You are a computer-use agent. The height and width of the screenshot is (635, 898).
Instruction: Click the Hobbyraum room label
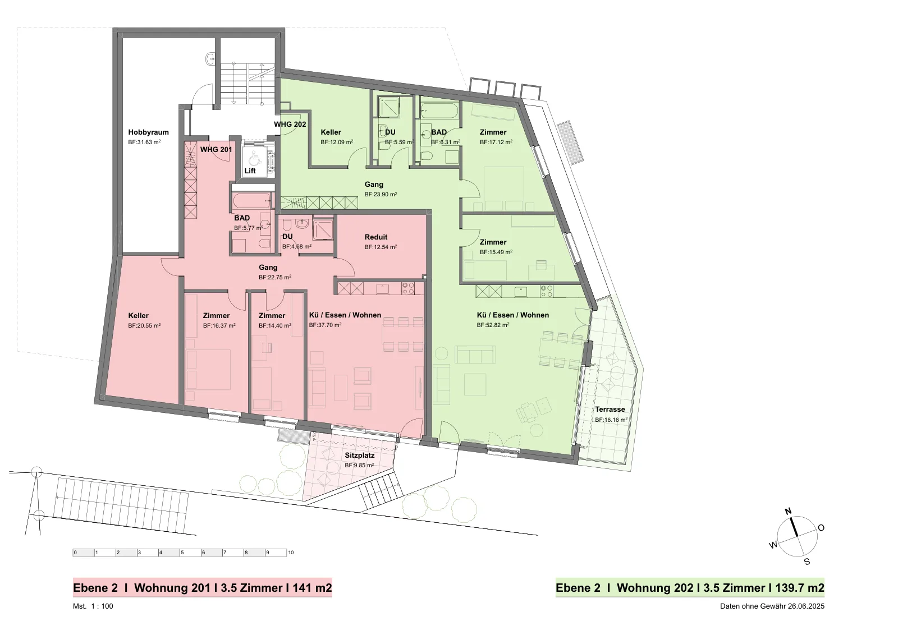(148, 132)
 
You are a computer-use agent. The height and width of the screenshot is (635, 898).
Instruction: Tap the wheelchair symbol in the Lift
(254, 159)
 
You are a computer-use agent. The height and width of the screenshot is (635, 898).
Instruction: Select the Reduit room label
(376, 237)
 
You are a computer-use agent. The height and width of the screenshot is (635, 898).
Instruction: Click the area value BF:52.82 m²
(493, 325)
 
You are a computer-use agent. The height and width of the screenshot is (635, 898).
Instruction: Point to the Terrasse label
(610, 409)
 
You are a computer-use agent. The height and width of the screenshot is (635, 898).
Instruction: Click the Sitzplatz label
(360, 455)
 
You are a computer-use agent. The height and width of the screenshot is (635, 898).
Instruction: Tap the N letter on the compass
(788, 512)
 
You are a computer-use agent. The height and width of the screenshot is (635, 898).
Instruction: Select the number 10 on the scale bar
(291, 553)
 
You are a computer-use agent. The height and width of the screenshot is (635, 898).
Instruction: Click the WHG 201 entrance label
(216, 150)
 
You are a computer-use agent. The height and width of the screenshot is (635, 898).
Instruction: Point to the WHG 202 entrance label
(290, 124)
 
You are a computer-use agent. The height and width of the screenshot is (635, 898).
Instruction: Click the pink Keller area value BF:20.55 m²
(144, 326)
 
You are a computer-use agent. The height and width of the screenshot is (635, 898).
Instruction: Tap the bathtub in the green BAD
(439, 111)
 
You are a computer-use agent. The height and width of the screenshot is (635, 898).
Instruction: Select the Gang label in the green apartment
(374, 185)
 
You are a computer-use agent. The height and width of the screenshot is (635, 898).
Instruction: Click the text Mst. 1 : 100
(93, 606)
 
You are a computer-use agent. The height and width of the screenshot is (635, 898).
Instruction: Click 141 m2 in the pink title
(312, 588)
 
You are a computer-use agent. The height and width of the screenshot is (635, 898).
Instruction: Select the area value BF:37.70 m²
(325, 325)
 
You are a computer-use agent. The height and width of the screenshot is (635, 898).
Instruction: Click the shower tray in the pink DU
(323, 229)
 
